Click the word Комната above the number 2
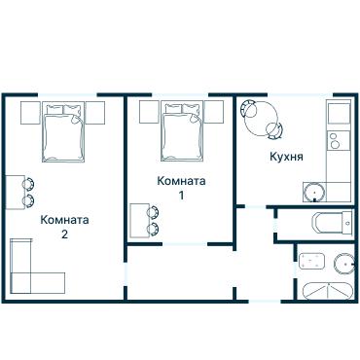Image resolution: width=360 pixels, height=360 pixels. pyautogui.click(x=64, y=220)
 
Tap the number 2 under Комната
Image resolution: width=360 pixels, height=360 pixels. pyautogui.click(x=64, y=234)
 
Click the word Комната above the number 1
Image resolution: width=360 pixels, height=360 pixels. pyautogui.click(x=181, y=181)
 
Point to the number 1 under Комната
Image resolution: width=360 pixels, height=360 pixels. pyautogui.click(x=181, y=196)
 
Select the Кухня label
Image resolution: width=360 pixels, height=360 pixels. pyautogui.click(x=286, y=156)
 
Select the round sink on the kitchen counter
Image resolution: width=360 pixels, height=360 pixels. pyautogui.click(x=315, y=191)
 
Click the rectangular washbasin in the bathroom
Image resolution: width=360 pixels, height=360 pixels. pyautogui.click(x=311, y=261)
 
